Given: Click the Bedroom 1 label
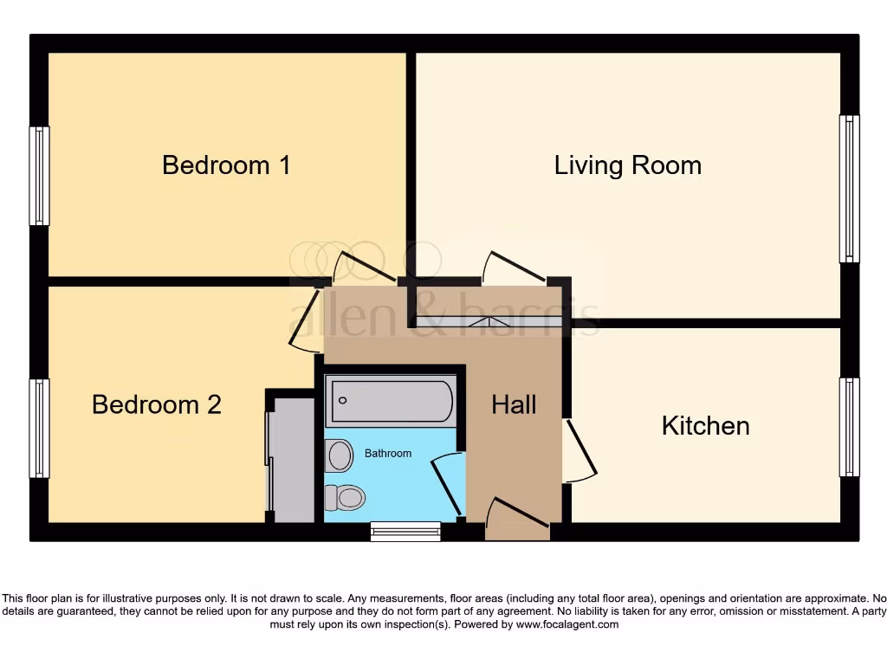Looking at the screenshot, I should click(x=226, y=165).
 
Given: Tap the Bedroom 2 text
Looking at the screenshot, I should click(x=157, y=404).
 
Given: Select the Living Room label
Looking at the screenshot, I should click(x=627, y=165).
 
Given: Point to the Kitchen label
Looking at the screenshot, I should click(x=705, y=425).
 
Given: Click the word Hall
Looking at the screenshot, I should click(x=514, y=404).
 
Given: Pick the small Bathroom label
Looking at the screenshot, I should click(x=387, y=453).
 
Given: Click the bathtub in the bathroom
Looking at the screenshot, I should click(x=391, y=401).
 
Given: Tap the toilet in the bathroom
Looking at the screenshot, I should click(x=346, y=497).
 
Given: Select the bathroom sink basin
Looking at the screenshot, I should click(x=340, y=455).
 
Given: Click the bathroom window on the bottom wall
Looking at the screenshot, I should click(x=405, y=531).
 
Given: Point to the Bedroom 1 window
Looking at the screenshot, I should click(x=39, y=176).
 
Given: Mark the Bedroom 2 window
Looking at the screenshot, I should click(x=39, y=428).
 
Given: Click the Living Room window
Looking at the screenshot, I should click(x=849, y=189).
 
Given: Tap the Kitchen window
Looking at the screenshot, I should click(x=849, y=427).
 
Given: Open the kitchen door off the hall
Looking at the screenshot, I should click(x=579, y=451).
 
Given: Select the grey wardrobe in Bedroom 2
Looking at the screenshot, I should click(x=292, y=460).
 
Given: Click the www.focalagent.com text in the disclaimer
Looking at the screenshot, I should click(x=567, y=624).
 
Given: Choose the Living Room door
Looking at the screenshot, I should click(x=515, y=267).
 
